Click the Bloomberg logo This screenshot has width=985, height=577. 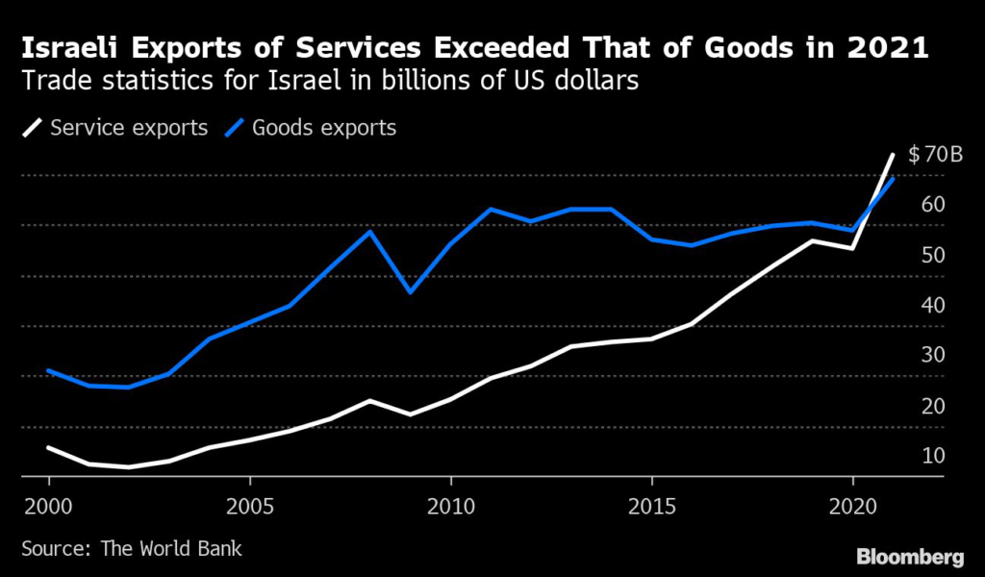pyautogui.click(x=909, y=557)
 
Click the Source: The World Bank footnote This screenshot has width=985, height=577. pyautogui.click(x=132, y=549)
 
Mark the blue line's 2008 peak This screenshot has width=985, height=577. pyautogui.click(x=370, y=232)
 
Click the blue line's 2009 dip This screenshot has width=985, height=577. pyautogui.click(x=411, y=291)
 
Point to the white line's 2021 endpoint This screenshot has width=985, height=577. pyautogui.click(x=893, y=154)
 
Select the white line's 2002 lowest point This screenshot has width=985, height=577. pyautogui.click(x=129, y=467)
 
